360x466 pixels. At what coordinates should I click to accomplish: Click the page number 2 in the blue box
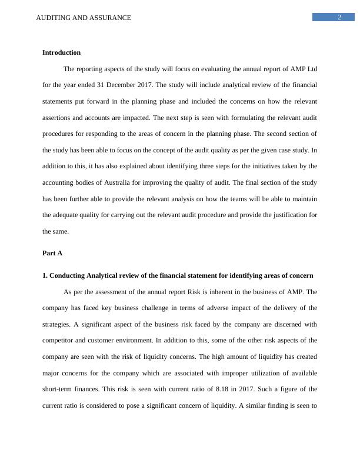339,17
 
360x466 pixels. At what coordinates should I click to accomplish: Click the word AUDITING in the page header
52,18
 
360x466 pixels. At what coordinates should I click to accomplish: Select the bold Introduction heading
61,52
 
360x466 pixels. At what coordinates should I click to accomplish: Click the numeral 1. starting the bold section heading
45,275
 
